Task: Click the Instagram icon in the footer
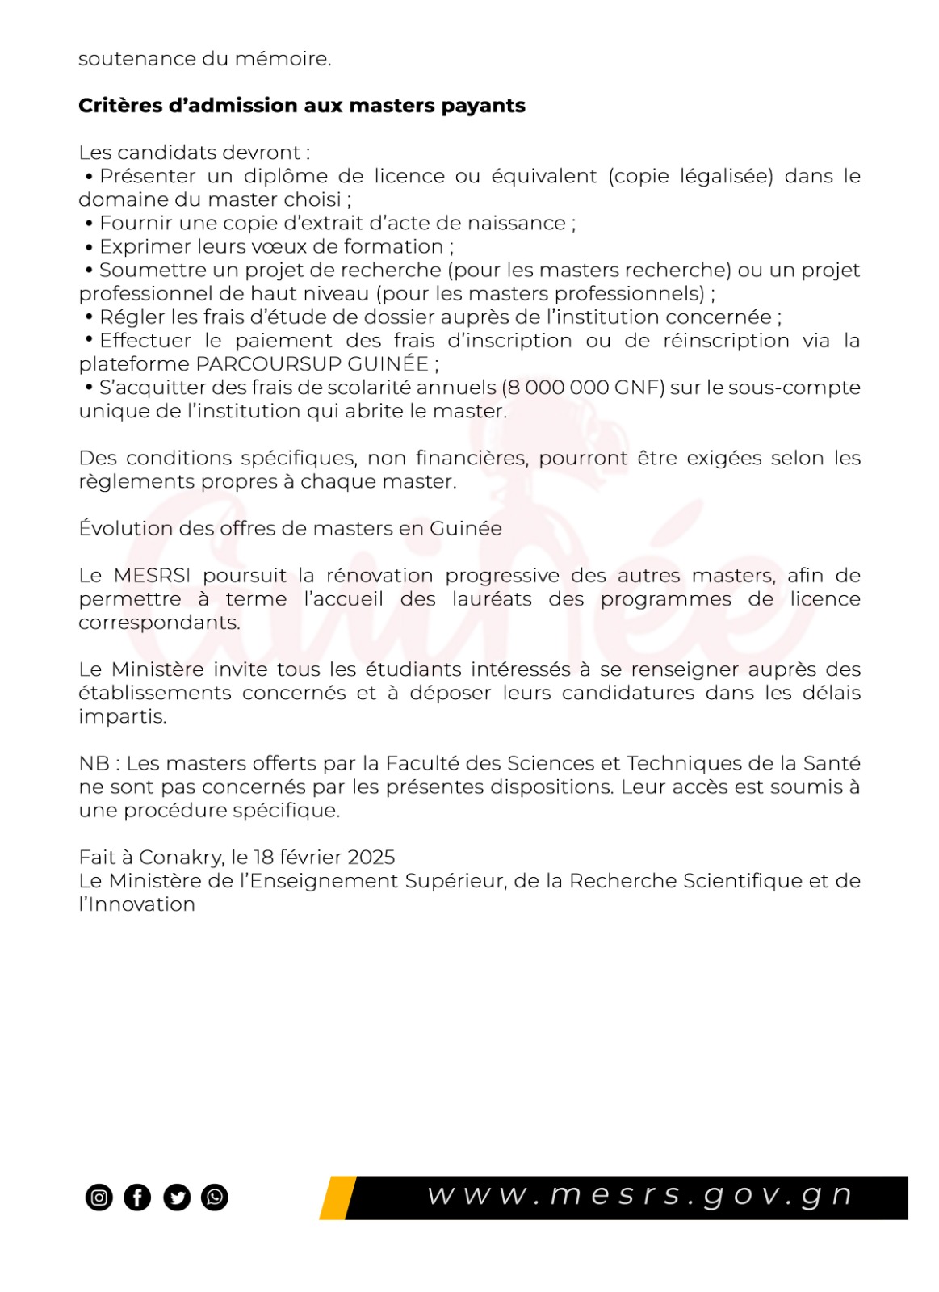coord(99,1197)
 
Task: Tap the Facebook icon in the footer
coord(137,1197)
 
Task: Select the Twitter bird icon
coord(177,1197)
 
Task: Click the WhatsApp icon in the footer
coord(215,1197)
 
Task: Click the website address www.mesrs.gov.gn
coord(639,1195)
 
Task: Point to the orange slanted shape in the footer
coord(337,1198)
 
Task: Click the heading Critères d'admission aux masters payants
coord(301,106)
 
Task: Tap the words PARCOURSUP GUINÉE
coord(312,364)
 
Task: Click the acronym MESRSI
coord(152,576)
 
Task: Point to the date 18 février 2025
coord(325,857)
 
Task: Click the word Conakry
coord(180,857)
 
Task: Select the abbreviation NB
coord(94,763)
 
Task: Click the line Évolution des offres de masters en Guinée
coord(290,528)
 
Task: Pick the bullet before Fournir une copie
coord(90,224)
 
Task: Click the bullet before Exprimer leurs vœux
coord(90,247)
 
